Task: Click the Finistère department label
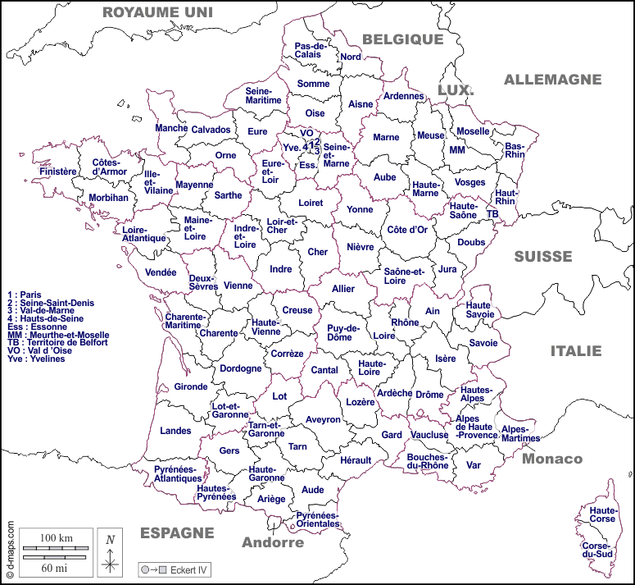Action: click(57, 171)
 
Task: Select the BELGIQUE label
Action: click(402, 39)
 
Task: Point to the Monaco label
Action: click(552, 459)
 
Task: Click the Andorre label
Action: click(272, 542)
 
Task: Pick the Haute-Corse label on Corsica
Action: click(596, 514)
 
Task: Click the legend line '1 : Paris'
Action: click(25, 294)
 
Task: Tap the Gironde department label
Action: click(191, 386)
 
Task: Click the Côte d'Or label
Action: click(407, 230)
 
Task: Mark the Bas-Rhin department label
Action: click(515, 149)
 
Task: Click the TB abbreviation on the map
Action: click(492, 213)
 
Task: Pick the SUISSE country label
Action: click(543, 257)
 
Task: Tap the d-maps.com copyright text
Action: click(10, 550)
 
